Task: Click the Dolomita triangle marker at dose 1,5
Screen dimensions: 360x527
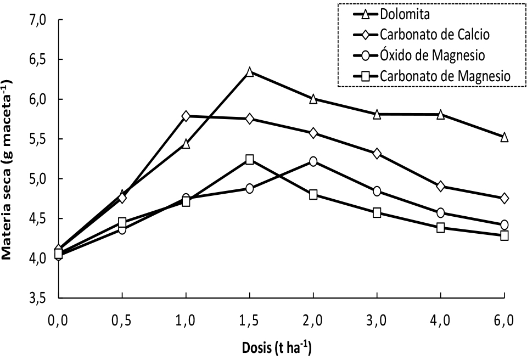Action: pyautogui.click(x=250, y=72)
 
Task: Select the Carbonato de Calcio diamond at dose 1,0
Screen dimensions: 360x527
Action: pyautogui.click(x=186, y=116)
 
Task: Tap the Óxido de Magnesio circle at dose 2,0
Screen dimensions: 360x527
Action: pyautogui.click(x=313, y=161)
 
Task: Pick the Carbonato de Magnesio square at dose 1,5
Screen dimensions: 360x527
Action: pyautogui.click(x=250, y=160)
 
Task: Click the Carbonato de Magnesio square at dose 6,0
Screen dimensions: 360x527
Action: pyautogui.click(x=504, y=235)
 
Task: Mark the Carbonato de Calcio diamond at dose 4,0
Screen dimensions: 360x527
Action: pyautogui.click(x=440, y=186)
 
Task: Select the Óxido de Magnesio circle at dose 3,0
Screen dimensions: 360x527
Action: pyautogui.click(x=377, y=191)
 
